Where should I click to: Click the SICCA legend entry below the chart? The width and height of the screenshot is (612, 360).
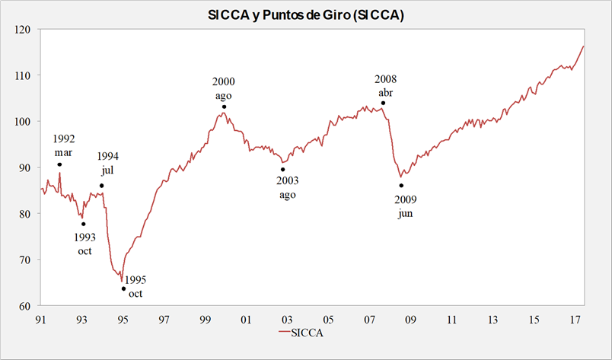coord(304,332)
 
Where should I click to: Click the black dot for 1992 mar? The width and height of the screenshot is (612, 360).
coord(59,164)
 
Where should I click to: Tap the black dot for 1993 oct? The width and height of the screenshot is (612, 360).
coord(84,224)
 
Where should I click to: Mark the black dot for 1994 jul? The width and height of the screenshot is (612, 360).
coord(102,186)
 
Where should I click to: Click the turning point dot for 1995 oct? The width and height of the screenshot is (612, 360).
coord(123,288)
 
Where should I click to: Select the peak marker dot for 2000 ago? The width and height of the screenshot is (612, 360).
coord(224,107)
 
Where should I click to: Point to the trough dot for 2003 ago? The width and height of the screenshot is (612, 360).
coord(283,170)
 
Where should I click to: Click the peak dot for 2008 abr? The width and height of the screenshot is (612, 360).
coord(383,103)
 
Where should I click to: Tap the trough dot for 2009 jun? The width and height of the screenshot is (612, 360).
coord(401,186)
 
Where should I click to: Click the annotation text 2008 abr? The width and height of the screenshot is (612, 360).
coord(386,85)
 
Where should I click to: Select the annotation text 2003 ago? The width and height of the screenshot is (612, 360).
coord(287,187)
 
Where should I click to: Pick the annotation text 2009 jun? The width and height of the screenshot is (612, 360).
coord(405,206)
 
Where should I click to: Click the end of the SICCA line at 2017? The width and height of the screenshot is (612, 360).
coord(583,46)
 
